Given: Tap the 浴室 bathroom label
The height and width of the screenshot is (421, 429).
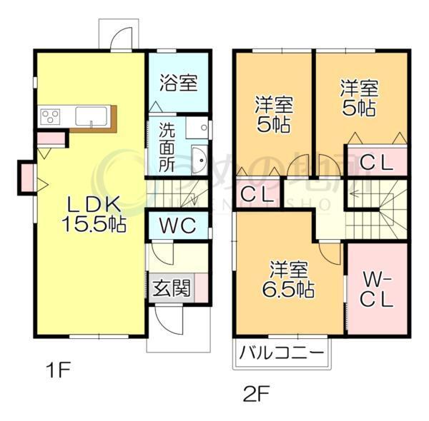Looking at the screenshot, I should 178,83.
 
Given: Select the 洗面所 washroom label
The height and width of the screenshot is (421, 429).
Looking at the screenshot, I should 167,146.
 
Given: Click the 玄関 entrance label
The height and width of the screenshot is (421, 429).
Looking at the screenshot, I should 172,289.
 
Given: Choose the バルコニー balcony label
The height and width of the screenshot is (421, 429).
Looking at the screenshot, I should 281,352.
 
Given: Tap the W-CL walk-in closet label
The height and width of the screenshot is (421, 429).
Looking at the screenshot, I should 376,289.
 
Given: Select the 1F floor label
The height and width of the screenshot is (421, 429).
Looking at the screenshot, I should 58,370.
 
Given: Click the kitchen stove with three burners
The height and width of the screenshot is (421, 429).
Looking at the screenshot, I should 52,116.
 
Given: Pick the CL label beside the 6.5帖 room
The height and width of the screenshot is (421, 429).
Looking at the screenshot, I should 254,193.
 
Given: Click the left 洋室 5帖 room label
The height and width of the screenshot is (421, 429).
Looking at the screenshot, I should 272,114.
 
